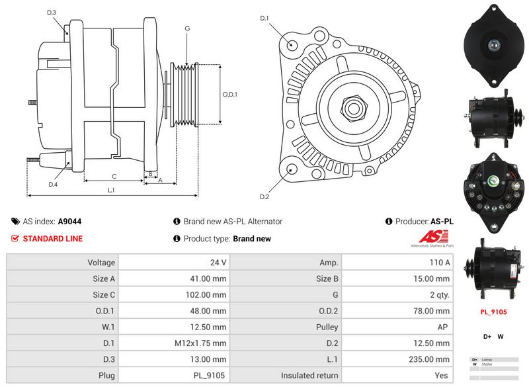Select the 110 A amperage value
tap(440, 263)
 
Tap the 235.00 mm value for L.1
tap(432, 359)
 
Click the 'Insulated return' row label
tap(309, 376)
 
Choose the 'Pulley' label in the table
tap(327, 327)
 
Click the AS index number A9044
tap(69, 222)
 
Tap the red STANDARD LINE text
tap(53, 239)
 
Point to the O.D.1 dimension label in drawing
tap(229, 94)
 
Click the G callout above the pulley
tap(187, 28)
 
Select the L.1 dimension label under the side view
tap(111, 190)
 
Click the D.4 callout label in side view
tap(52, 185)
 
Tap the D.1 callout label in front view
tap(264, 19)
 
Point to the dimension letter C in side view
tap(114, 176)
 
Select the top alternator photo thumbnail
tap(492, 45)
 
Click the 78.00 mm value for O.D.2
tap(433, 311)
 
